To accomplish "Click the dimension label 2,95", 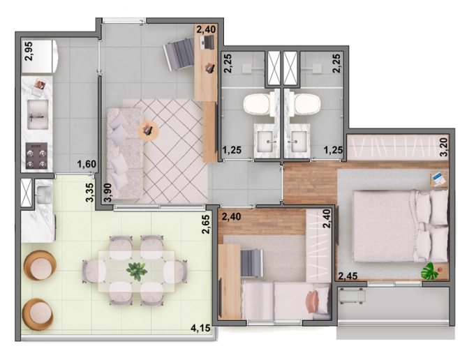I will point(29,52).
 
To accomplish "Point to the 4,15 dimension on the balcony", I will point(202,327).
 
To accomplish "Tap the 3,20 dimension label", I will point(443,146).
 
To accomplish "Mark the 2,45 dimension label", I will point(348,277).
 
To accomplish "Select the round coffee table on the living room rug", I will point(149,129).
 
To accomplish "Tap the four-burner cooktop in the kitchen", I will point(37,155).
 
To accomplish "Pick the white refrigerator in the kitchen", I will point(41,56).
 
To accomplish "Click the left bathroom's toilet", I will point(257,104).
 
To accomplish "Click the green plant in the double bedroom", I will point(430,271).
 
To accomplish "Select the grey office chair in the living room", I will point(180,50).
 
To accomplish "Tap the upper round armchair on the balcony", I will point(39,264).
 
